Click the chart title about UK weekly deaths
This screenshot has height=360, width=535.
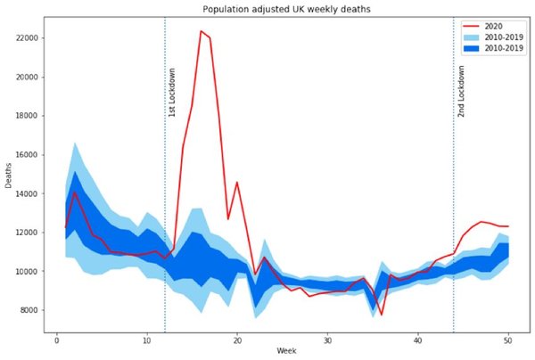(x=286, y=9)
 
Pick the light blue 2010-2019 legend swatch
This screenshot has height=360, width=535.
(x=471, y=37)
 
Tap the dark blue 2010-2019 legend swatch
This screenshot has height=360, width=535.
(x=471, y=48)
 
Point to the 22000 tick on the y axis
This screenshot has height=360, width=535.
(x=25, y=37)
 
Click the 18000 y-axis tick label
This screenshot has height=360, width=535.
(x=25, y=116)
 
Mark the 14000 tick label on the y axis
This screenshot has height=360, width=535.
(x=25, y=193)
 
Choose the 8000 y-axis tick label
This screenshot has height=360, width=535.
(x=28, y=310)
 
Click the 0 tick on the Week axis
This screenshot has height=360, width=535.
(x=57, y=340)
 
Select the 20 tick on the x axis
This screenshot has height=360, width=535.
(x=237, y=340)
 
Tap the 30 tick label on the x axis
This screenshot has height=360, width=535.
(x=327, y=340)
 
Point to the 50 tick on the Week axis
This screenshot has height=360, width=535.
(x=508, y=340)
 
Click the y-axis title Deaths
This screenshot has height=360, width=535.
(x=8, y=176)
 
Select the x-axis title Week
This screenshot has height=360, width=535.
(x=286, y=351)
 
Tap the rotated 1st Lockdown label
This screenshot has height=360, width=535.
(x=172, y=93)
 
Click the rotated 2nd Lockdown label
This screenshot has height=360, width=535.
(x=461, y=92)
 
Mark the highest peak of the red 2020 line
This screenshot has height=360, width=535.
(x=201, y=31)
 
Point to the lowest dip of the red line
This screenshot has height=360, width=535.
(x=382, y=315)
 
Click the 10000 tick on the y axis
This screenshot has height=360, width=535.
(x=25, y=272)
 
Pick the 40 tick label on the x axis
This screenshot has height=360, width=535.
(x=418, y=340)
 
